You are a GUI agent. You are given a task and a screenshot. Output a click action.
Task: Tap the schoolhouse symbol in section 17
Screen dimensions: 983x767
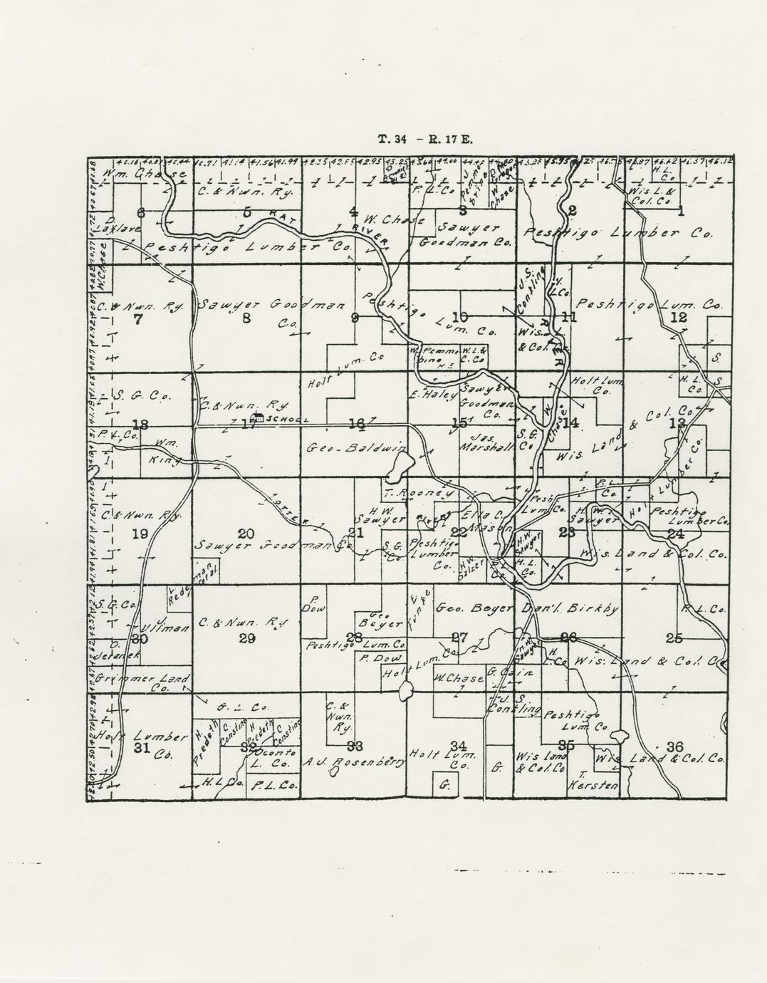[259, 418]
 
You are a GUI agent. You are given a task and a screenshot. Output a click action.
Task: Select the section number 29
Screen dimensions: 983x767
[246, 638]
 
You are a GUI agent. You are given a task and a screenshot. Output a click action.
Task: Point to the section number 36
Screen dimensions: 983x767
[674, 746]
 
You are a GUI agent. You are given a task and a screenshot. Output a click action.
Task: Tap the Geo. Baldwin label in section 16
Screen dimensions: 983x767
[356, 449]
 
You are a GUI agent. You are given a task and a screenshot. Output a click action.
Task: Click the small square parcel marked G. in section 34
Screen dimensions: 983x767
[445, 786]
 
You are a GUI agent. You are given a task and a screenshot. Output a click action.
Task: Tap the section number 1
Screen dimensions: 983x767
[680, 210]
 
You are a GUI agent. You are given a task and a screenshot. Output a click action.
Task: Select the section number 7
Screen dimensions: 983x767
[137, 319]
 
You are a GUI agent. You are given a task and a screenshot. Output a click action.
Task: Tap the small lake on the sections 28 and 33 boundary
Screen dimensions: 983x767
[406, 690]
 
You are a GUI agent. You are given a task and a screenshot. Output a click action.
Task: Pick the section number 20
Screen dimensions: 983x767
[246, 534]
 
